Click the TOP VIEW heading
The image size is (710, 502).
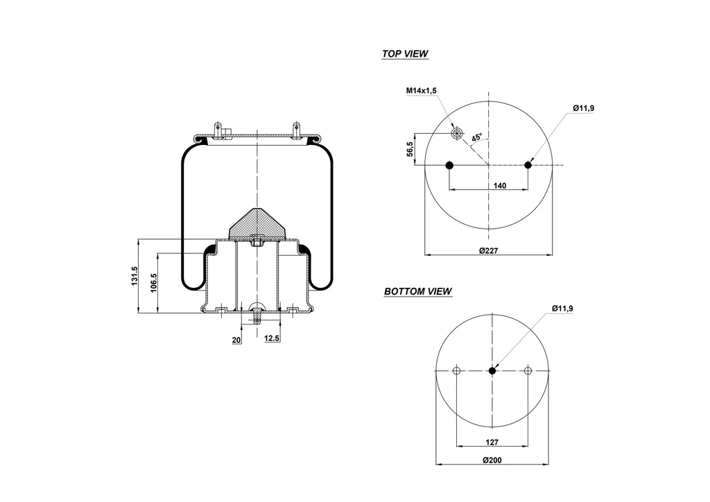pos(405,53)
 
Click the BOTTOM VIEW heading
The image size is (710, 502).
pos(418,291)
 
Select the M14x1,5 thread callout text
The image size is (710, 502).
pos(421,90)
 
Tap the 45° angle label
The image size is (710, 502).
pos(477,138)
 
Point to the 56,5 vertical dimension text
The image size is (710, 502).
pos(410,149)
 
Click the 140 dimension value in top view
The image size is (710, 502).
pos(500,185)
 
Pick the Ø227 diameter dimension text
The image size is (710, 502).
pos(490,251)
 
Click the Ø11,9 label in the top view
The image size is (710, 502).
pos(583,108)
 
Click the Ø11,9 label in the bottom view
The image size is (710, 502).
pos(562,308)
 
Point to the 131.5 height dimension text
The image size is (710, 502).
pos(135,277)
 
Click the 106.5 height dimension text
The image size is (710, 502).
pos(154,284)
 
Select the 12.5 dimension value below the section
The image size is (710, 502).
pos(272,338)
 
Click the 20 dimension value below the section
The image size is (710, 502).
pos(236,339)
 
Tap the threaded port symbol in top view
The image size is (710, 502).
pos(456,132)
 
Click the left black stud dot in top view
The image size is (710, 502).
pos(449,165)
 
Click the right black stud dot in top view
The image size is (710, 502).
pos(528,165)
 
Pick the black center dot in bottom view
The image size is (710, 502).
pos(492,371)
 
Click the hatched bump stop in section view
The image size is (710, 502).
pos(257,223)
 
